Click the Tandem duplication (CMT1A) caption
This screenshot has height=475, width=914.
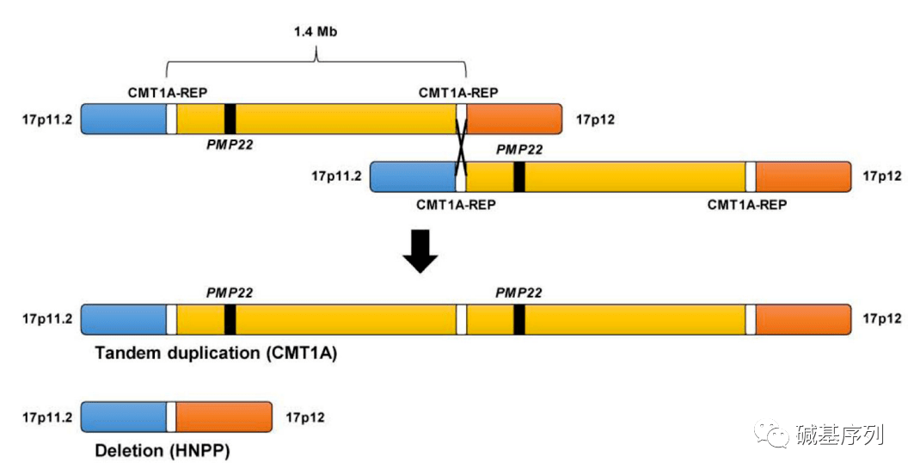[x=215, y=353]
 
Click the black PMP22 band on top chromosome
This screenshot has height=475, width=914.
[x=230, y=118]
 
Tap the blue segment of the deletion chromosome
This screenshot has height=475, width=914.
[x=123, y=416]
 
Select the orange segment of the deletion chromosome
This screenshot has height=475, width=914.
[x=224, y=416]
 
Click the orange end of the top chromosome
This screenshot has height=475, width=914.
[x=513, y=118]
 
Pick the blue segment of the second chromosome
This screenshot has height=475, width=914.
[x=413, y=176]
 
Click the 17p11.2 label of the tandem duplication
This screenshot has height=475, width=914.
[x=48, y=319]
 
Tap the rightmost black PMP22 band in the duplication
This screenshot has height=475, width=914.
[x=519, y=319]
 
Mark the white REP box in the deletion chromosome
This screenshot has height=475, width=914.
[x=171, y=416]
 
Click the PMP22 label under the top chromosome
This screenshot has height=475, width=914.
[x=230, y=145]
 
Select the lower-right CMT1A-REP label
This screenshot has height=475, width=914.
[x=747, y=204]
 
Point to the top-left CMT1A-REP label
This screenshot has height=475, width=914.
[x=168, y=92]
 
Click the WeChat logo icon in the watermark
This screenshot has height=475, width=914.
[x=770, y=435]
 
